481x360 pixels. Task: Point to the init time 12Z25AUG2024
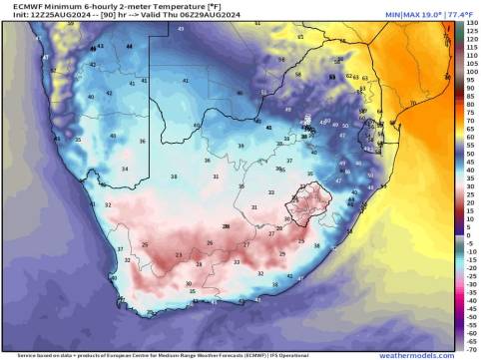[44, 13]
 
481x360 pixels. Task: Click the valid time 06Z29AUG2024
[183, 13]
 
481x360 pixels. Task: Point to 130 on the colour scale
[471, 23]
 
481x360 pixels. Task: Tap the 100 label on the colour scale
[471, 73]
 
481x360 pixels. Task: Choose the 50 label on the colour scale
[471, 155]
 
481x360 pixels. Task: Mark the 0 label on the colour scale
[471, 236]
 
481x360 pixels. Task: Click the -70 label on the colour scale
[471, 351]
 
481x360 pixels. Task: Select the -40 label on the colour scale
[471, 302]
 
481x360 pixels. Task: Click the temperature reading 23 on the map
[179, 256]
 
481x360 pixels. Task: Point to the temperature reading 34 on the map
[125, 170]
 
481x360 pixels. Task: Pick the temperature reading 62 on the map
[350, 76]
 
